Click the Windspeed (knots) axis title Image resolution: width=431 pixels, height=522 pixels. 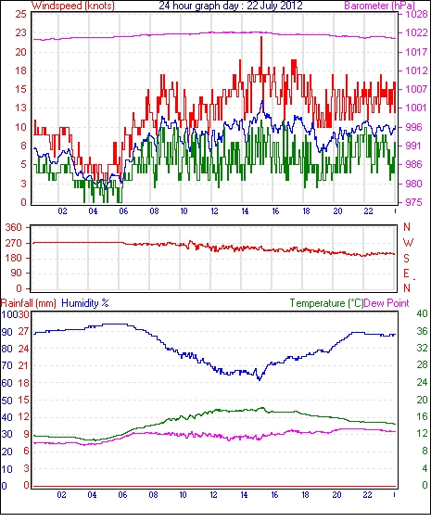coord(73,6)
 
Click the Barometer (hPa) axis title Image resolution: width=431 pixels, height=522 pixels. coord(380,6)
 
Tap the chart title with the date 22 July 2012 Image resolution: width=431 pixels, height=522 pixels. coord(231,6)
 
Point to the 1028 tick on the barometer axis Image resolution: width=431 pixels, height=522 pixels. coord(416,14)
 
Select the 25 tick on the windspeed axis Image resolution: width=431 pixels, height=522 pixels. coord(20,14)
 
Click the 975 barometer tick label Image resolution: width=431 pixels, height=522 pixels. coord(413,202)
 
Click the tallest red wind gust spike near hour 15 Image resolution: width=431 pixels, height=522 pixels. coord(261,37)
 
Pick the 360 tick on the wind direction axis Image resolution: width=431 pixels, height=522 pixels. coord(13,228)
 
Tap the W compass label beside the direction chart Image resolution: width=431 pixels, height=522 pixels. coord(408,243)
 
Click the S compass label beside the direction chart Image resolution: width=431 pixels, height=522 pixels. coord(406,258)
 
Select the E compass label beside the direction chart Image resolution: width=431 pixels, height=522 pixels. coord(406,274)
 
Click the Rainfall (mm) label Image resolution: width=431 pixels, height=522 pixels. coord(29,303)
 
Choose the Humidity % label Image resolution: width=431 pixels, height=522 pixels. coord(85,303)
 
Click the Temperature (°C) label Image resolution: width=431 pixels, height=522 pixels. coord(326,303)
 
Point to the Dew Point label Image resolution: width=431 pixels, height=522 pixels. coord(387,303)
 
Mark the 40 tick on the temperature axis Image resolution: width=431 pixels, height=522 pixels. coord(422,314)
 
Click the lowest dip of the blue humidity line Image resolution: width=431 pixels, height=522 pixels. coord(260,379)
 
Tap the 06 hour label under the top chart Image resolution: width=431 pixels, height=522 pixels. coord(123,211)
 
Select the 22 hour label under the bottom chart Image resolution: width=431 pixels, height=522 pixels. coord(367,495)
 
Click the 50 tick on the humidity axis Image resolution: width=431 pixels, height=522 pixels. coord(7,401)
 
